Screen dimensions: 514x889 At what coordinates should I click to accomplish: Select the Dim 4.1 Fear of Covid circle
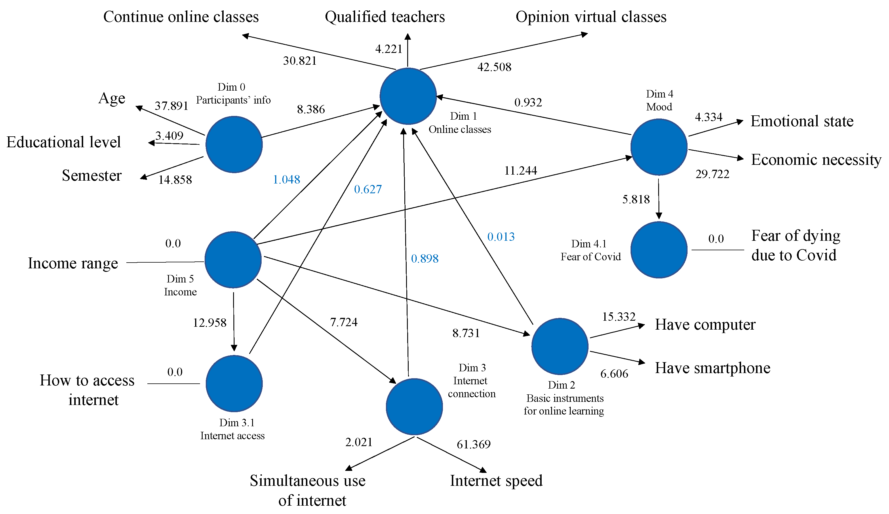659,250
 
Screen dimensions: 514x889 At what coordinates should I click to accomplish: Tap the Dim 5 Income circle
233,260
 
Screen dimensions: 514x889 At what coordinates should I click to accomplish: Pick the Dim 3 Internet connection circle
414,407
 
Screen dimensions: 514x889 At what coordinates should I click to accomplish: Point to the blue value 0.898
425,259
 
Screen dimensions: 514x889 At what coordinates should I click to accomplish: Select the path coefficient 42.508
494,67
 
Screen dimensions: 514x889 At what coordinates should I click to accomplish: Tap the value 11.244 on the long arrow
520,171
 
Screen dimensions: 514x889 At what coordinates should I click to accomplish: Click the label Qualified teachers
384,17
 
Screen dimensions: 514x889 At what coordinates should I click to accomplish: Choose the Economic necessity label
816,160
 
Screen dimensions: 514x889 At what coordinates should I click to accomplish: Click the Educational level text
64,142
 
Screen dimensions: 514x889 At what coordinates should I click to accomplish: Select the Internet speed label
496,481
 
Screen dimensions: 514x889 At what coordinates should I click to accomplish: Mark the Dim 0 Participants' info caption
233,94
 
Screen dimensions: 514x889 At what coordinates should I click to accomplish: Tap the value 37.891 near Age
172,106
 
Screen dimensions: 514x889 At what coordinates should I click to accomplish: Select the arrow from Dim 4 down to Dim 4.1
659,199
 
